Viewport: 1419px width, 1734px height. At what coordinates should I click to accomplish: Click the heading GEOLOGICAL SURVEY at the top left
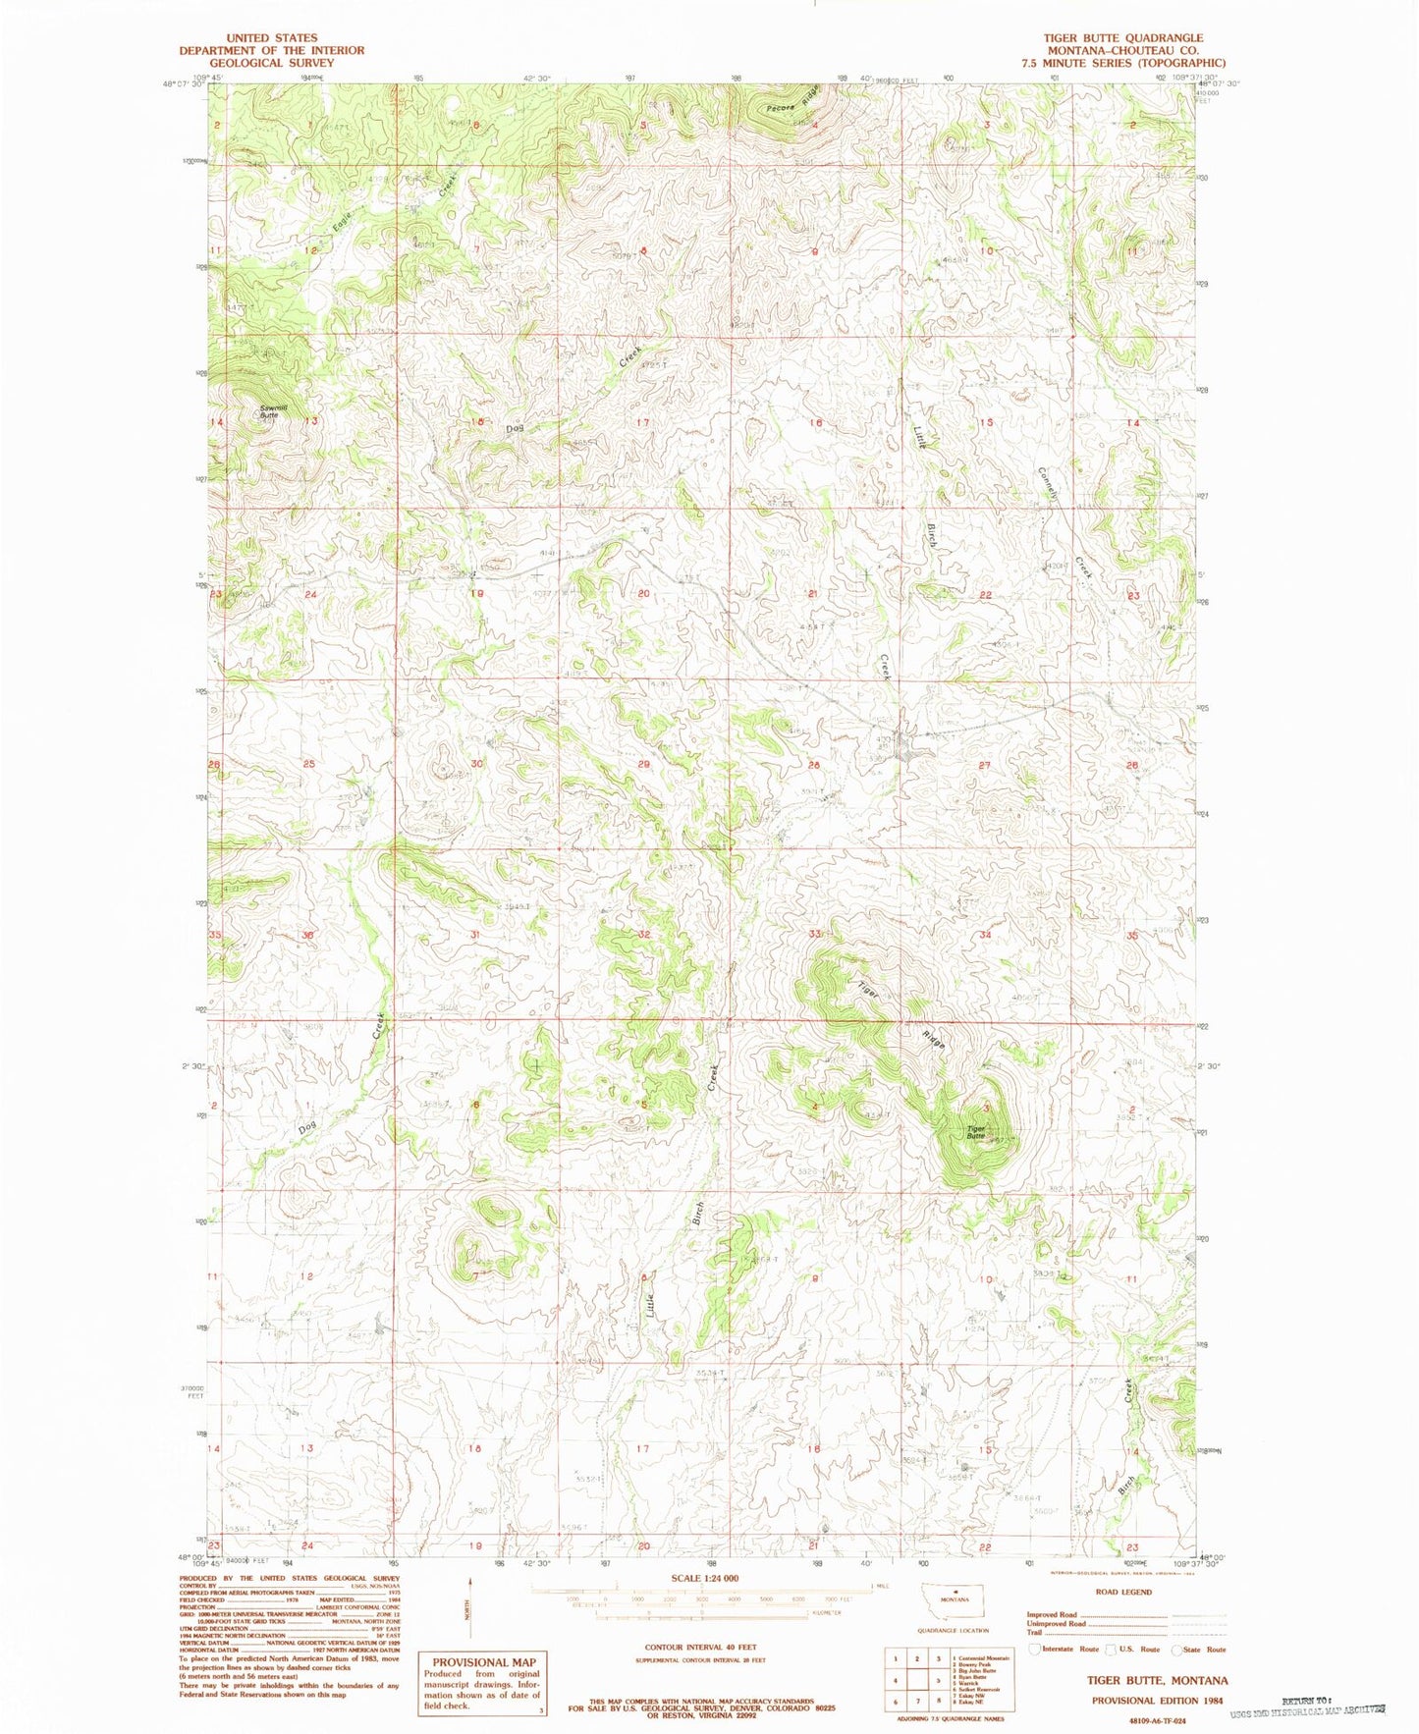coord(271,62)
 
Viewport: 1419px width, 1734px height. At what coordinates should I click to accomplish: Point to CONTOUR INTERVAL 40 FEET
coord(699,1647)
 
